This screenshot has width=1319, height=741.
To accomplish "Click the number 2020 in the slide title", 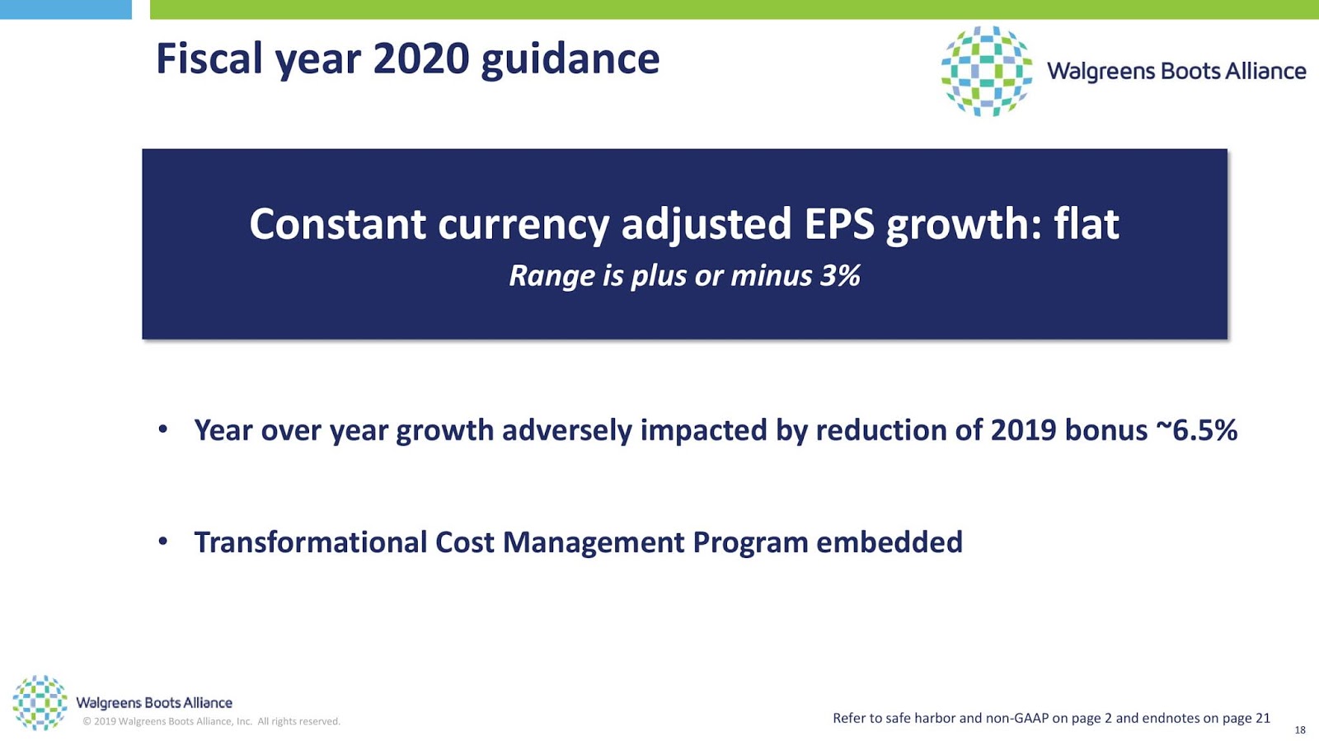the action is [421, 59].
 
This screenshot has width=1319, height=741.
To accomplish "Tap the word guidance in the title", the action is [570, 61].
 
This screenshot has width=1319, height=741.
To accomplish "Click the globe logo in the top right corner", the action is [986, 71].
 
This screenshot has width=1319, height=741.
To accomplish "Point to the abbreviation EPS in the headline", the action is [839, 224].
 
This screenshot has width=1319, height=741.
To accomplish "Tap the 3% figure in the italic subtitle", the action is [840, 275].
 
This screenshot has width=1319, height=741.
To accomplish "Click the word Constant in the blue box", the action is [338, 224].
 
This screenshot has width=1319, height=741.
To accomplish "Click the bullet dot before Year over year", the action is [163, 429].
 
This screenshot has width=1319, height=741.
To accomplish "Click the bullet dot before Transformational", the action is [163, 541].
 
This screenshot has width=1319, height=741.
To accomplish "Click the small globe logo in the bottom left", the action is [40, 703].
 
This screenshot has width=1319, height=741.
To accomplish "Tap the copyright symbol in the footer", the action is [87, 721].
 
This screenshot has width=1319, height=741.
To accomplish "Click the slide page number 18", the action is [1299, 730].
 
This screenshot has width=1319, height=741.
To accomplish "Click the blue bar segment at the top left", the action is [66, 9].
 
